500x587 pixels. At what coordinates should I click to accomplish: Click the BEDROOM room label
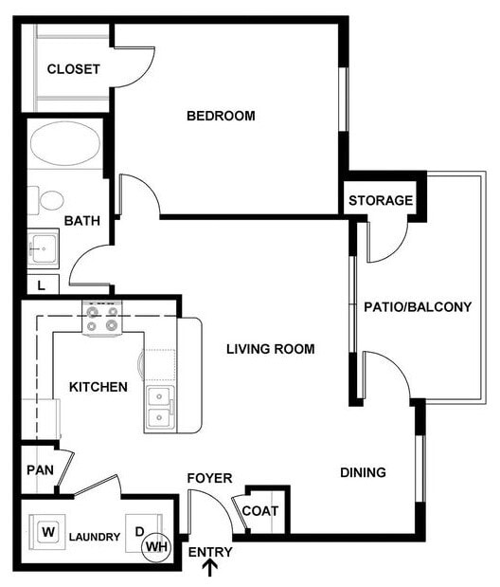pos(221,116)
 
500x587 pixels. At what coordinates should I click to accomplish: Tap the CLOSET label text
pos(73,69)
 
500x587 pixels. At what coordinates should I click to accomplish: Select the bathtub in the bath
pos(64,145)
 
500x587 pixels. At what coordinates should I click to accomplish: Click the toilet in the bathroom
pos(49,200)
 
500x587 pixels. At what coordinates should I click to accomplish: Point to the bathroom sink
pos(42,249)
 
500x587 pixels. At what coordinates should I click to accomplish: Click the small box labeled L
pos(41,284)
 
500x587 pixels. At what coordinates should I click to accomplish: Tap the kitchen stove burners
pos(102,318)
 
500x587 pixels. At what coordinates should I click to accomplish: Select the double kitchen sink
pos(160,407)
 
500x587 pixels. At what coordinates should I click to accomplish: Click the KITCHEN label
pos(98,387)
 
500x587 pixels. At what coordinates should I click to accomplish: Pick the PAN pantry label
pos(40,469)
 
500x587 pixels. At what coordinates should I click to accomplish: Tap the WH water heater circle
pos(157,547)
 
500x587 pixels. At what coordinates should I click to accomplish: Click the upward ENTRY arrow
pos(210,568)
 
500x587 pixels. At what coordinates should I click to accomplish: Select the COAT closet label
pos(260,511)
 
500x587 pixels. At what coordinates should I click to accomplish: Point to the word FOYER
pos(208,478)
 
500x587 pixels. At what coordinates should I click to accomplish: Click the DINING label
pos(363,472)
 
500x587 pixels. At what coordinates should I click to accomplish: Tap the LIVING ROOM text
pos(270,349)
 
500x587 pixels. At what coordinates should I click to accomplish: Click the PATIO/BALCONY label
pos(418,306)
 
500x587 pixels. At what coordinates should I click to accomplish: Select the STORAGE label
pos(381,200)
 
